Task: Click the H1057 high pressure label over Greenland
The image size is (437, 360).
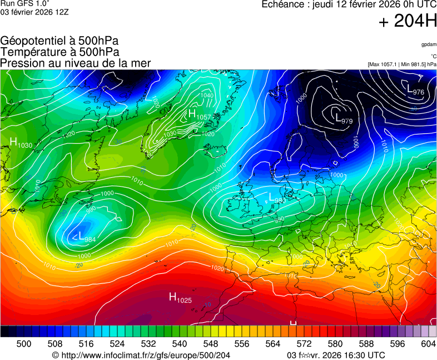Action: pyautogui.click(x=199, y=115)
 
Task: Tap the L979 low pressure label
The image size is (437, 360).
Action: pyautogui.click(x=344, y=118)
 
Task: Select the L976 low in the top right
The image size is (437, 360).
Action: pyautogui.click(x=415, y=89)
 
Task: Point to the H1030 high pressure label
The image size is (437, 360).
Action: pyautogui.click(x=21, y=143)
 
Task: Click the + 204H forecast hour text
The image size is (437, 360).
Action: pyautogui.click(x=407, y=22)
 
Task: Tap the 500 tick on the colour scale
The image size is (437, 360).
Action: pyautogui.click(x=23, y=344)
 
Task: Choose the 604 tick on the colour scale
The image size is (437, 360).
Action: pyautogui.click(x=428, y=344)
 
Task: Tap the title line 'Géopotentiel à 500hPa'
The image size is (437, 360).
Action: pyautogui.click(x=59, y=41)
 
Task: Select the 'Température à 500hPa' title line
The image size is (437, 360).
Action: pyautogui.click(x=59, y=52)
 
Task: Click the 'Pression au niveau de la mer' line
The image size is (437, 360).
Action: pyautogui.click(x=75, y=63)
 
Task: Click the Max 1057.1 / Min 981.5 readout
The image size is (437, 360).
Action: pyautogui.click(x=401, y=64)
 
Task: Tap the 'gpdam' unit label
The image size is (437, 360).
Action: pyautogui.click(x=428, y=44)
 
